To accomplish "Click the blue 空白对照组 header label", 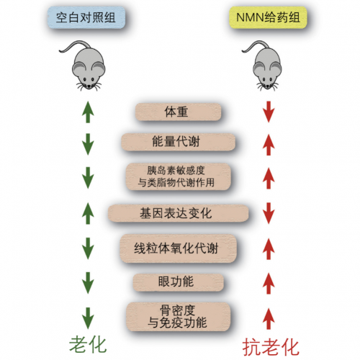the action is point(86,17).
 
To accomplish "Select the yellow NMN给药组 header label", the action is point(268,17).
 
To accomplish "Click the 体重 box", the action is point(178,112).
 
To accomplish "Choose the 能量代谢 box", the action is point(178,142).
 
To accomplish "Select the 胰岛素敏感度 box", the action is point(179,176).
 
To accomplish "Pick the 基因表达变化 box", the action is point(178,213).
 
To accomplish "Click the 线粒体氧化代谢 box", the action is point(178,248).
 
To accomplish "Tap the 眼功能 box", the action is point(178,282).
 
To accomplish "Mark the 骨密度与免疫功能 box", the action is point(178,317).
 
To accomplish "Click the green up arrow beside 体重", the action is point(88,112).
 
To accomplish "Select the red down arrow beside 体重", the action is point(269,112).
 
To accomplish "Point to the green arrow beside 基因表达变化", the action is point(88,213).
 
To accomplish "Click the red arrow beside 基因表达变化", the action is point(269,213).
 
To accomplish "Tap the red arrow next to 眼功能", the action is point(269,284).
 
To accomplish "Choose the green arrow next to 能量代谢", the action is point(88,144).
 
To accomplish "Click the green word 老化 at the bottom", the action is point(88,345).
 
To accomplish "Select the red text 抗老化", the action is point(271,347).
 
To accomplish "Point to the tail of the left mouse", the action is point(72,45).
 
